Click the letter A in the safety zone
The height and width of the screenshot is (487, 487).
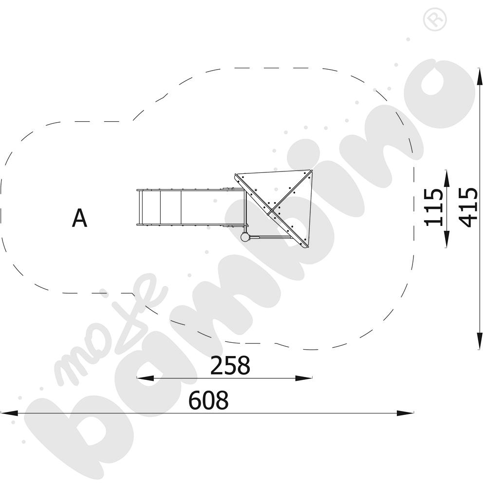pos(79,218)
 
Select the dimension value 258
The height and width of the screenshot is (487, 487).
pos(230,365)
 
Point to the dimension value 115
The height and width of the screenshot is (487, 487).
pos(434,207)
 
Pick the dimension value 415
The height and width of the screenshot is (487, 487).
pos(468,207)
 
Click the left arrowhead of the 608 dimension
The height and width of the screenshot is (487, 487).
pos(9,413)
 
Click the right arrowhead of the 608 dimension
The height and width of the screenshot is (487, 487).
pos(405,413)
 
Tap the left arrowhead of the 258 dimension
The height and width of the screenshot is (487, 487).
pos(145,378)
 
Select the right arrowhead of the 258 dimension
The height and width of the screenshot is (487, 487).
pos(303,378)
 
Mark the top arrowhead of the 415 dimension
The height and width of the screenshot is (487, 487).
pos(480,76)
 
